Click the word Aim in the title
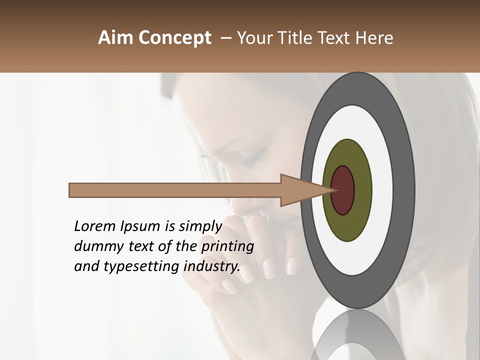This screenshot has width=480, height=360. coord(116,38)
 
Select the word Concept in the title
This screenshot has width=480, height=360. coord(175,38)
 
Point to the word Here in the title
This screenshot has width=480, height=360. coord(375,38)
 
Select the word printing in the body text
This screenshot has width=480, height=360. coord(227,247)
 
